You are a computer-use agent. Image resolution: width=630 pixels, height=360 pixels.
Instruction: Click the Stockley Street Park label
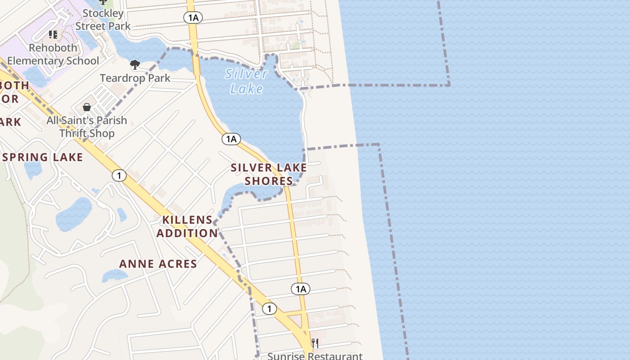click(103, 20)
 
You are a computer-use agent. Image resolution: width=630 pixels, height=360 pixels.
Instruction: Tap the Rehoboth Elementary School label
click(53, 54)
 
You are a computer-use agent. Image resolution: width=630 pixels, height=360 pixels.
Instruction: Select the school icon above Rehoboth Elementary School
click(53, 34)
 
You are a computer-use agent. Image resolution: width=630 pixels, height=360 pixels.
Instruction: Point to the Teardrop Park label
click(135, 78)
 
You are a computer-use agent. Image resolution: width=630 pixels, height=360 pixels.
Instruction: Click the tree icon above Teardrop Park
click(135, 65)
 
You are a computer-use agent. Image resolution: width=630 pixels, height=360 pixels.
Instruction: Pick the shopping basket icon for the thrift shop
click(87, 107)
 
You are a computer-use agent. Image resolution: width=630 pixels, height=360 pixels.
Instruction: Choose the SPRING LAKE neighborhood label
click(42, 157)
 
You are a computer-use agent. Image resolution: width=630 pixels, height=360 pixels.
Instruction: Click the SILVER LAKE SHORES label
click(269, 174)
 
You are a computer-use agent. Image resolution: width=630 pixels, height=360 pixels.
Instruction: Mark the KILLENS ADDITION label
click(187, 226)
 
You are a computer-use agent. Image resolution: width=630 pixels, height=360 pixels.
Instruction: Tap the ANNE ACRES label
click(158, 264)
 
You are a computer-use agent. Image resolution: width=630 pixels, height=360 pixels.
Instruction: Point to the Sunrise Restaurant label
click(315, 356)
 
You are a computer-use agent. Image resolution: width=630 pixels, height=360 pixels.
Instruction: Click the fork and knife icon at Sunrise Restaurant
click(315, 343)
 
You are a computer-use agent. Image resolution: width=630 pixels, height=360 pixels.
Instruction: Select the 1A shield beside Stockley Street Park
click(193, 18)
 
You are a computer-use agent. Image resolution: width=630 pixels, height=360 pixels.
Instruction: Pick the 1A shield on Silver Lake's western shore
click(231, 139)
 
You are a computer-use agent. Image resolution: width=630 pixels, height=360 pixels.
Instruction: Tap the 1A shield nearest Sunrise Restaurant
click(301, 289)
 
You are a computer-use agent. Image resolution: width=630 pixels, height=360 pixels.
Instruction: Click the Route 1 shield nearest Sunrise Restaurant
click(269, 309)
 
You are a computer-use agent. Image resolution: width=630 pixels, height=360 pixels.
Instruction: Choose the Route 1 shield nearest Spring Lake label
click(119, 175)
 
